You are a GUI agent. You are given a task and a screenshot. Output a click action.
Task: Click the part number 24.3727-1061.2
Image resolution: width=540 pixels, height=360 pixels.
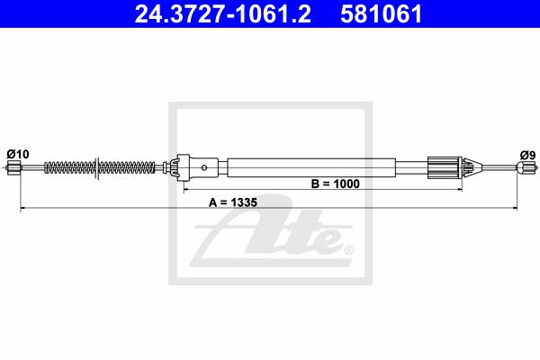(223, 14)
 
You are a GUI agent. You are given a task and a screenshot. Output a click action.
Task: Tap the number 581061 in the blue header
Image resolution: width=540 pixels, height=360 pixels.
(382, 14)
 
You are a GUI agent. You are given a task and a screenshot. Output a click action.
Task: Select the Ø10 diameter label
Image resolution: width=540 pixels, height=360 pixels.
(18, 154)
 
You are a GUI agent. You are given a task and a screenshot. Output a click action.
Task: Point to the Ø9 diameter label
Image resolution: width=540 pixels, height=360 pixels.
(528, 156)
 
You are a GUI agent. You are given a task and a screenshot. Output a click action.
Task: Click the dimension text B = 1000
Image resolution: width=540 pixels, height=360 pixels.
(335, 184)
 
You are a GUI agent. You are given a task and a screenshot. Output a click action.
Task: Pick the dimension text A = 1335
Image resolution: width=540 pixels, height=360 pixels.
(233, 202)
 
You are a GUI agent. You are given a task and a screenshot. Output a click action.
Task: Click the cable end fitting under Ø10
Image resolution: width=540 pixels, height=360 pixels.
(13, 168)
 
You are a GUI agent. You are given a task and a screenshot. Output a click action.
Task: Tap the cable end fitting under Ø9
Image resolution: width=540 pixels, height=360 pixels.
(526, 168)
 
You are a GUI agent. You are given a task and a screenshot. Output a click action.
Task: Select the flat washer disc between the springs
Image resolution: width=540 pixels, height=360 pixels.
(97, 168)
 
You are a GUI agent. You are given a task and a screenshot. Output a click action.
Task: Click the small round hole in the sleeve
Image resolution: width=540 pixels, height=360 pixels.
(204, 167)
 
